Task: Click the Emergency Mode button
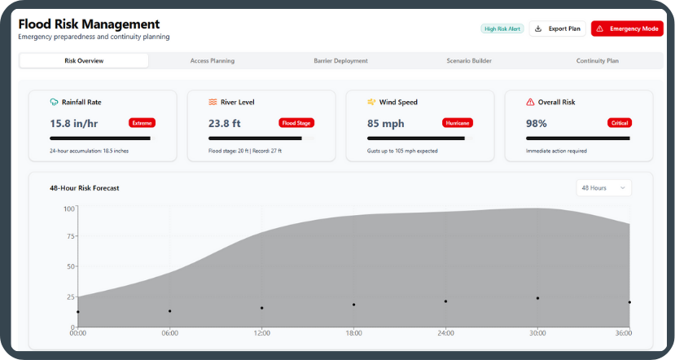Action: click(627, 29)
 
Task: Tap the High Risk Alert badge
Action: click(502, 29)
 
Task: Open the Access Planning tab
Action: click(213, 61)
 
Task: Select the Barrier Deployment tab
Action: click(340, 61)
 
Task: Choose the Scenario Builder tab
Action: click(469, 61)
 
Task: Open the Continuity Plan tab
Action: click(597, 61)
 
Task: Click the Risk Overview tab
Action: click(84, 61)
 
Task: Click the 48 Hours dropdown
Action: click(603, 188)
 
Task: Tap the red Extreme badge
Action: click(142, 123)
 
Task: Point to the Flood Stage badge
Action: click(296, 123)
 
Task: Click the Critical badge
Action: click(619, 123)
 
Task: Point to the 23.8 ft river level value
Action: click(225, 124)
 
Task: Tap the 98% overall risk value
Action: click(537, 124)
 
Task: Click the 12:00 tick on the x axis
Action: click(262, 332)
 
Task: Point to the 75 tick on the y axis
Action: click(70, 237)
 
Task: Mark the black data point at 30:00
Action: click(537, 298)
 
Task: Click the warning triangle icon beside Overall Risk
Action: click(531, 103)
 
